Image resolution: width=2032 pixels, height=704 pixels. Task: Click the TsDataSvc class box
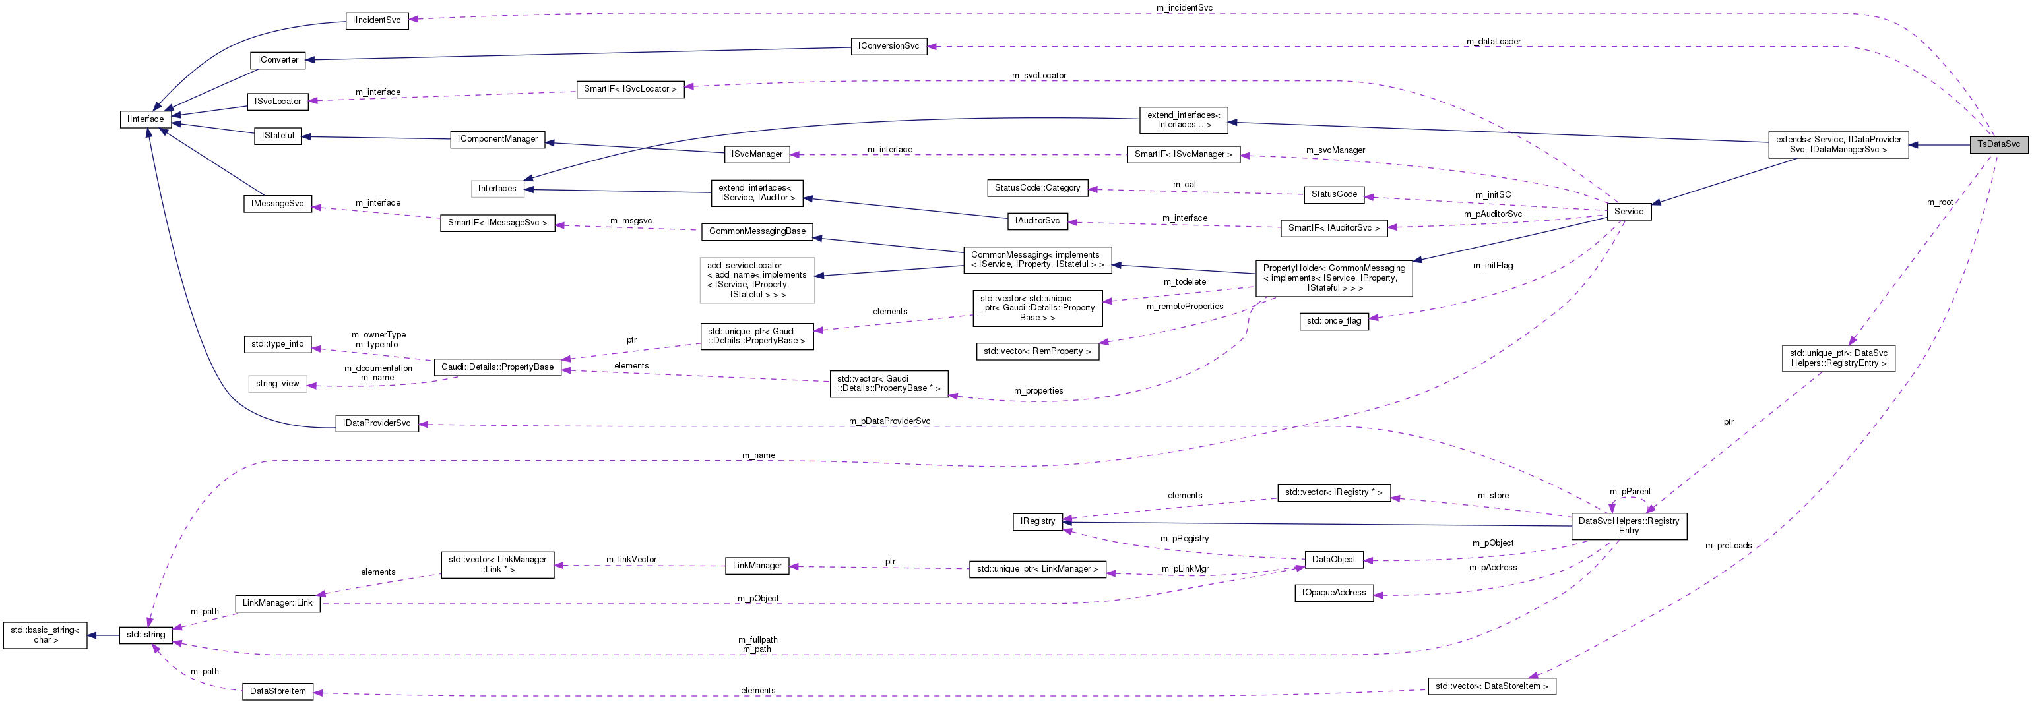[1998, 144]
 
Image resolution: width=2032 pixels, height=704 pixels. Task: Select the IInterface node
[146, 119]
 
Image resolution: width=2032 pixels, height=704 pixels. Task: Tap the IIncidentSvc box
[377, 20]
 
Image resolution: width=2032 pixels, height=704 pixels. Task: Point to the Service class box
[1628, 212]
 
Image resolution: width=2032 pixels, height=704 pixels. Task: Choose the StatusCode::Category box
[1037, 188]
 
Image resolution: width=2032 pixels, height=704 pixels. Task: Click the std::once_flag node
[1333, 321]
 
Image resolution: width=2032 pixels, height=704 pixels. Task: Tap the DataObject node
[1333, 560]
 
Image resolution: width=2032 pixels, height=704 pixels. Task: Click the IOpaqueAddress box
[1334, 593]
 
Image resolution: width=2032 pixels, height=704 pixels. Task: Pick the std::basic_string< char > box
[45, 635]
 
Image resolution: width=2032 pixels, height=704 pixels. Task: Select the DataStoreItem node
[278, 691]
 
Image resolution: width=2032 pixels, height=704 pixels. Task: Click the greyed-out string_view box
[278, 384]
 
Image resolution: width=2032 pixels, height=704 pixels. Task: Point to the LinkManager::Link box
[278, 603]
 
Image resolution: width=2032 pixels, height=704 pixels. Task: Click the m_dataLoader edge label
[1493, 41]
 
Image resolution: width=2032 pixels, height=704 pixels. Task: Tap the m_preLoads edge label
[1729, 546]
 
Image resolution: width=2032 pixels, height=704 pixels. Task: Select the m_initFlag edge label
[1492, 266]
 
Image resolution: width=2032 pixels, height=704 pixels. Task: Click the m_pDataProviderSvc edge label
[889, 421]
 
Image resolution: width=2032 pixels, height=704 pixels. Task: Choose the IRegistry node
[1037, 521]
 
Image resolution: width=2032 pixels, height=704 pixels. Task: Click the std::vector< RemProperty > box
[1037, 351]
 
